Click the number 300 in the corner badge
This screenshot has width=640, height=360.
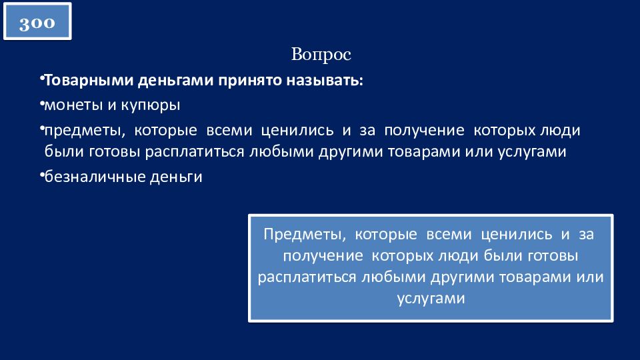click(x=37, y=22)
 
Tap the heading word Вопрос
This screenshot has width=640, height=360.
click(x=321, y=54)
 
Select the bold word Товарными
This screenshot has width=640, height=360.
click(x=89, y=80)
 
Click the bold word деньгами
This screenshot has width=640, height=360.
click(x=175, y=81)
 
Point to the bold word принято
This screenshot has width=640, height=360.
click(x=250, y=81)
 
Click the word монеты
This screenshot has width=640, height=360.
click(x=73, y=105)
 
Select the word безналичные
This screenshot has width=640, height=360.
click(x=95, y=176)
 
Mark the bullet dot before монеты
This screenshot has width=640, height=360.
click(x=42, y=105)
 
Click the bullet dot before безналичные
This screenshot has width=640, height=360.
click(x=42, y=175)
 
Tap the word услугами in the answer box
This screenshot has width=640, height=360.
click(x=431, y=299)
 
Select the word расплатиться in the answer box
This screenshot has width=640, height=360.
click(x=307, y=277)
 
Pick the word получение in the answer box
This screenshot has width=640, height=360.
click(x=323, y=256)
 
